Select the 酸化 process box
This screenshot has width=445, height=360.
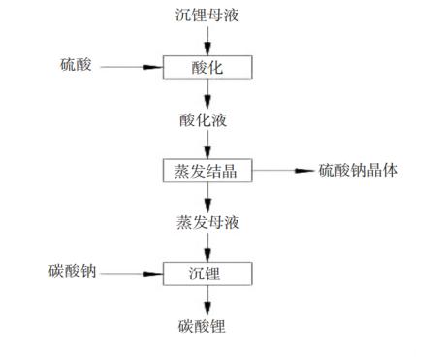tap(207, 68)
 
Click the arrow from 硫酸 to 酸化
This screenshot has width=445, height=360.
tap(131, 68)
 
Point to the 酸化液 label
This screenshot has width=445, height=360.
tap(207, 119)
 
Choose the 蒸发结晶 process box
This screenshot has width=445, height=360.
tap(207, 171)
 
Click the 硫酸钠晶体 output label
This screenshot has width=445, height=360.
tap(359, 171)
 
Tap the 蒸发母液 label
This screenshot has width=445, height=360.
tap(207, 223)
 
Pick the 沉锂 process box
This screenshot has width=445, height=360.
tap(207, 275)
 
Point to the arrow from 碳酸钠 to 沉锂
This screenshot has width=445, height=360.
tap(132, 275)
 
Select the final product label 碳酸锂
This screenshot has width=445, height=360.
tap(207, 327)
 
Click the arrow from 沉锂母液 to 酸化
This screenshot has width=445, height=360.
tap(207, 42)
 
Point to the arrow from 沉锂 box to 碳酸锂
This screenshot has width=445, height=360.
tap(207, 301)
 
